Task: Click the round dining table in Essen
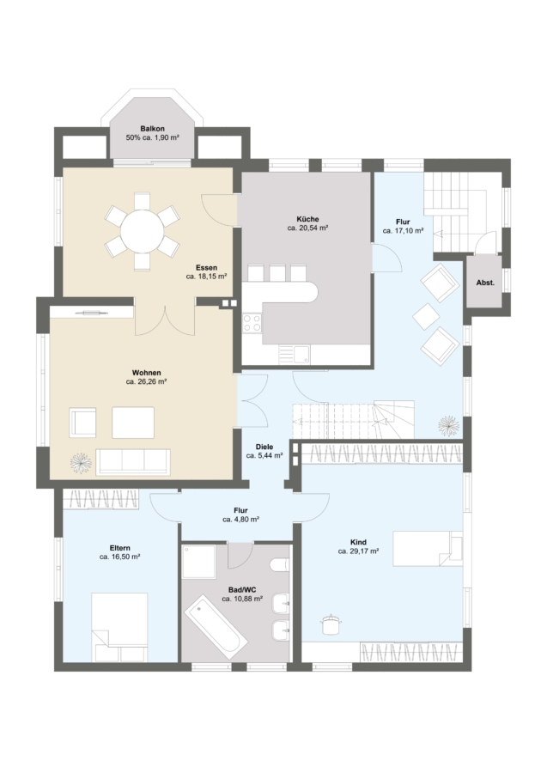point(143,231)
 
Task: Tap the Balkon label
point(152,129)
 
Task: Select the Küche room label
point(307,219)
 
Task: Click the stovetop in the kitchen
point(252,324)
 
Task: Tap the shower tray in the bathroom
point(198,562)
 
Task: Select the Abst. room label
point(485,283)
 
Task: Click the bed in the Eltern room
point(119,627)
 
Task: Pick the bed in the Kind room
point(428,549)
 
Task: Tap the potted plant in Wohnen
point(81,463)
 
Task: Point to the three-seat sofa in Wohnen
point(133,462)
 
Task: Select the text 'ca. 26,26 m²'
point(146,381)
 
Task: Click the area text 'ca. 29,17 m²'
point(358,551)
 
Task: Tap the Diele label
point(264,447)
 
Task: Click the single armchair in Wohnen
point(82,423)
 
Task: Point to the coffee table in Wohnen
point(133,423)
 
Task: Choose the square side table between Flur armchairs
point(426,316)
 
